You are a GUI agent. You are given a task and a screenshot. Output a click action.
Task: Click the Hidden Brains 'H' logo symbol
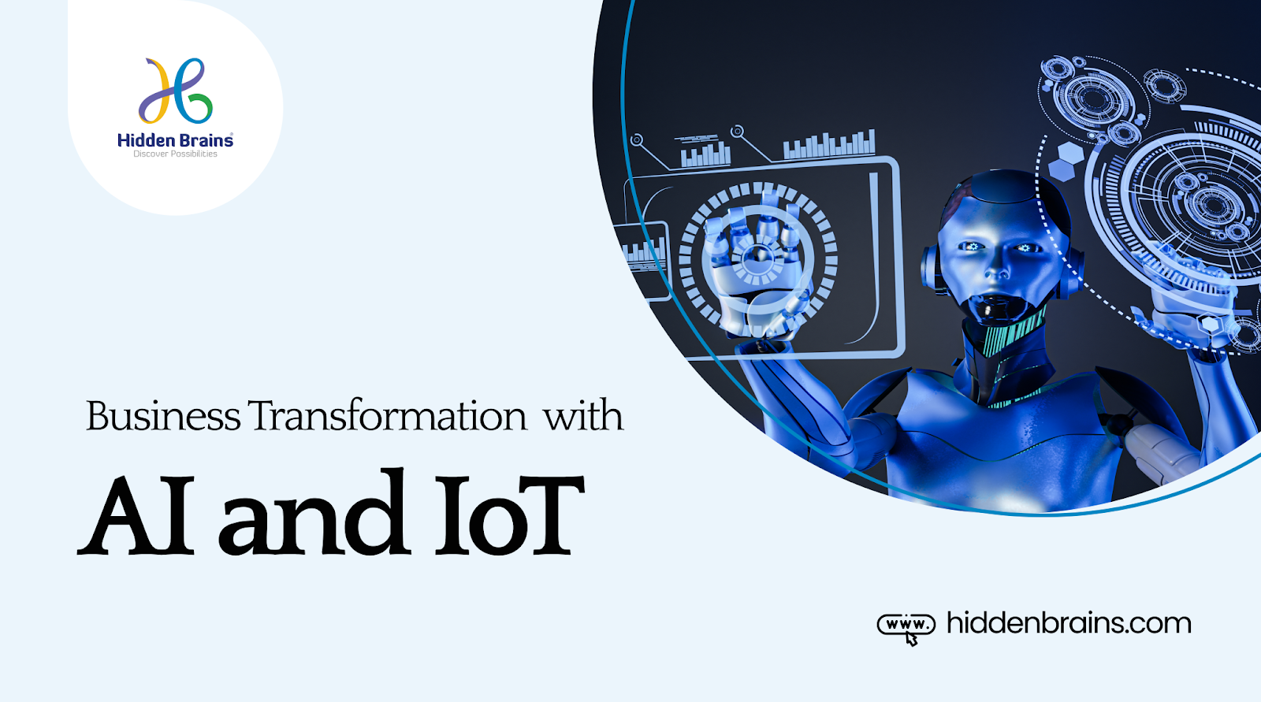(x=176, y=91)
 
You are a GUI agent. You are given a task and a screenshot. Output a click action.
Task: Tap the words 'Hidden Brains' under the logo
(x=175, y=140)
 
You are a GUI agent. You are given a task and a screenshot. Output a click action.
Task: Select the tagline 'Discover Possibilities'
(x=175, y=154)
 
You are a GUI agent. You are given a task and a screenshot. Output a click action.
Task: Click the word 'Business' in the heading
(x=163, y=416)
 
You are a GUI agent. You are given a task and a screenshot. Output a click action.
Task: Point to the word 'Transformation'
(x=387, y=416)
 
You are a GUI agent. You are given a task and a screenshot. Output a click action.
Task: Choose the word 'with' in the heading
(x=583, y=416)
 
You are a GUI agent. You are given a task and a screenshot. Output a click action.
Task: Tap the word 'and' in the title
(x=313, y=514)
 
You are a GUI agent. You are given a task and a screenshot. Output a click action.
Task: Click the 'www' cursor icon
(x=906, y=627)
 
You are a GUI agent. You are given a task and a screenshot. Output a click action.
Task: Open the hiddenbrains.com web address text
(x=1069, y=623)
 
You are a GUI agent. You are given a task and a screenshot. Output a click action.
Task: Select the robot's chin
(x=995, y=315)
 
